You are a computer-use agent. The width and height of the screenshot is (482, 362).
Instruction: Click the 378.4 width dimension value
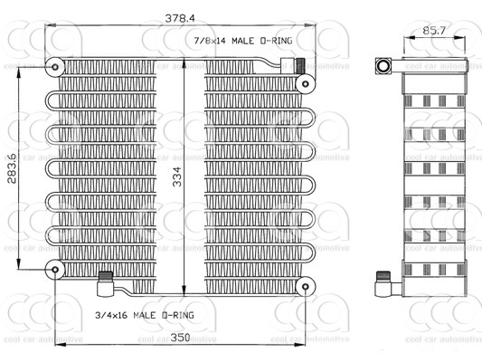(180, 18)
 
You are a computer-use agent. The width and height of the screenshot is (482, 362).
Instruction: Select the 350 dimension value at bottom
(180, 338)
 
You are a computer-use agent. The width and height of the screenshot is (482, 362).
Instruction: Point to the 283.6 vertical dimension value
(12, 167)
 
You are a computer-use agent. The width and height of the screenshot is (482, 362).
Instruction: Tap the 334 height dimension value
(177, 176)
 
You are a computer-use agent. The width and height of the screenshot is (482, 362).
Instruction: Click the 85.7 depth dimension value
(434, 31)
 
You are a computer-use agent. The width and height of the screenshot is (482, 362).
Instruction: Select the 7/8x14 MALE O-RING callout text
(243, 41)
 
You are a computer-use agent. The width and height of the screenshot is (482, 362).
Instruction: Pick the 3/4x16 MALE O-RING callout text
(145, 315)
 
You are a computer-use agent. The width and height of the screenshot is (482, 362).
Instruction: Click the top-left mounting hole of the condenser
(55, 67)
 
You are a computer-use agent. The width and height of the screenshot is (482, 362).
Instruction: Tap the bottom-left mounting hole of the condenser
(55, 270)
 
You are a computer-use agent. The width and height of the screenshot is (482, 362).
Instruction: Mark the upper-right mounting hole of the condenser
(306, 83)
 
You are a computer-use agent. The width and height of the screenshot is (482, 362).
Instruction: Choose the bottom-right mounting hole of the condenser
(306, 287)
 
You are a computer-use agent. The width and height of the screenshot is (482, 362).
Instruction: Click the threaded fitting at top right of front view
(300, 65)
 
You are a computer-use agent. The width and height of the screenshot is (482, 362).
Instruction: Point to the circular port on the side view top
(383, 66)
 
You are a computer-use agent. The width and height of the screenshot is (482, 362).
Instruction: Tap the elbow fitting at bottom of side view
(383, 284)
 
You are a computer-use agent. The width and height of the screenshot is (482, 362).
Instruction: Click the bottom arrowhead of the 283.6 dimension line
(19, 263)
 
